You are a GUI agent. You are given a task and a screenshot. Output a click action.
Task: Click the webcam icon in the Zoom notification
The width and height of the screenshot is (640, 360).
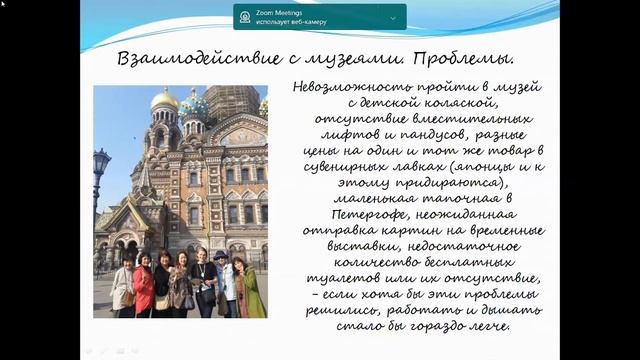click(x=246, y=17)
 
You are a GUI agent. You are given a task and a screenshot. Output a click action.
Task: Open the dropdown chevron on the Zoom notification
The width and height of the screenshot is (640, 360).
click(x=393, y=17)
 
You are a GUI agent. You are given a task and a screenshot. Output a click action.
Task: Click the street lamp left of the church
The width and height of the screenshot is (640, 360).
click(x=100, y=165)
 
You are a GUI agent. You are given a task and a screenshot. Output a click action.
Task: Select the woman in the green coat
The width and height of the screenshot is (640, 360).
click(x=252, y=291)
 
